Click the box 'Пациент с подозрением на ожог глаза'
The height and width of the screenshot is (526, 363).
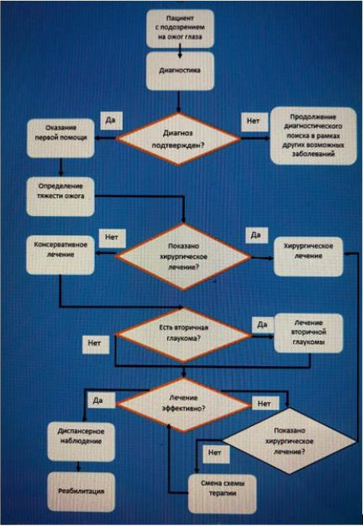(x=180, y=29)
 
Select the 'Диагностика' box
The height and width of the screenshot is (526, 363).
(x=180, y=71)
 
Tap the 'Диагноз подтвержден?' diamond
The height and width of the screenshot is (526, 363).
(x=178, y=139)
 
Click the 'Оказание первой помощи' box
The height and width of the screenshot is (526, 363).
(x=60, y=138)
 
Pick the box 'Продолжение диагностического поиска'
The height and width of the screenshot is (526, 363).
(x=313, y=135)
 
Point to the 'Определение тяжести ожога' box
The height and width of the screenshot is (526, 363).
(x=60, y=197)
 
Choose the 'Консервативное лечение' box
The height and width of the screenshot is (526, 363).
(x=60, y=255)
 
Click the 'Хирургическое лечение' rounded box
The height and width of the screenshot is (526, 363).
(x=308, y=257)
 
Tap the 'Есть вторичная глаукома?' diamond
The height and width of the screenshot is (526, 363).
(x=183, y=335)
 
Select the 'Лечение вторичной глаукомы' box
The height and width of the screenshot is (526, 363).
(x=308, y=332)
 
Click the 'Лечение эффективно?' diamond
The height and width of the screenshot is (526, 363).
(x=183, y=404)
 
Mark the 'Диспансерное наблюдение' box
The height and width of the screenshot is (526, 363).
(x=81, y=442)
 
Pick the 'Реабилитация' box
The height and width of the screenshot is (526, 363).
(x=81, y=491)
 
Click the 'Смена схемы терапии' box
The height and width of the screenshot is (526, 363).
(x=223, y=493)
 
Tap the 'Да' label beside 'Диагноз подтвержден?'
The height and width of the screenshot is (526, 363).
(x=110, y=120)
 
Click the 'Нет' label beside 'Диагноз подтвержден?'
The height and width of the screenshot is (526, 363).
(x=254, y=121)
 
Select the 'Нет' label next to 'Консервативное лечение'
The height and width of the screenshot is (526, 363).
(x=112, y=238)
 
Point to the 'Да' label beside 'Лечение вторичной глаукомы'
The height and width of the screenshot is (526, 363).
(x=262, y=325)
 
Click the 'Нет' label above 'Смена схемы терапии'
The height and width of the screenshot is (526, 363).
(x=215, y=454)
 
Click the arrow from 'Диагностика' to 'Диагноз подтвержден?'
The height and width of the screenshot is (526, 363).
(x=178, y=101)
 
